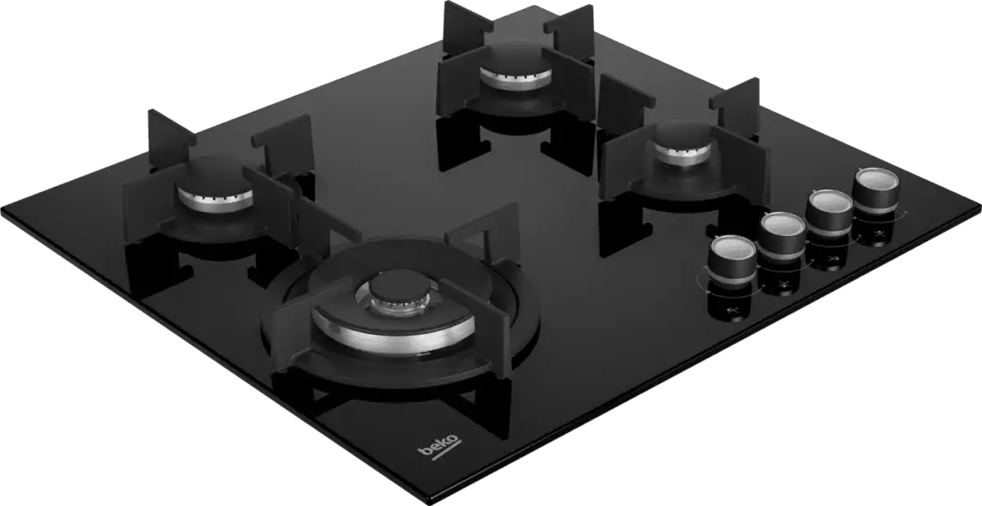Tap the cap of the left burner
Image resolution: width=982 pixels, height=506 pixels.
click(x=214, y=181)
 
